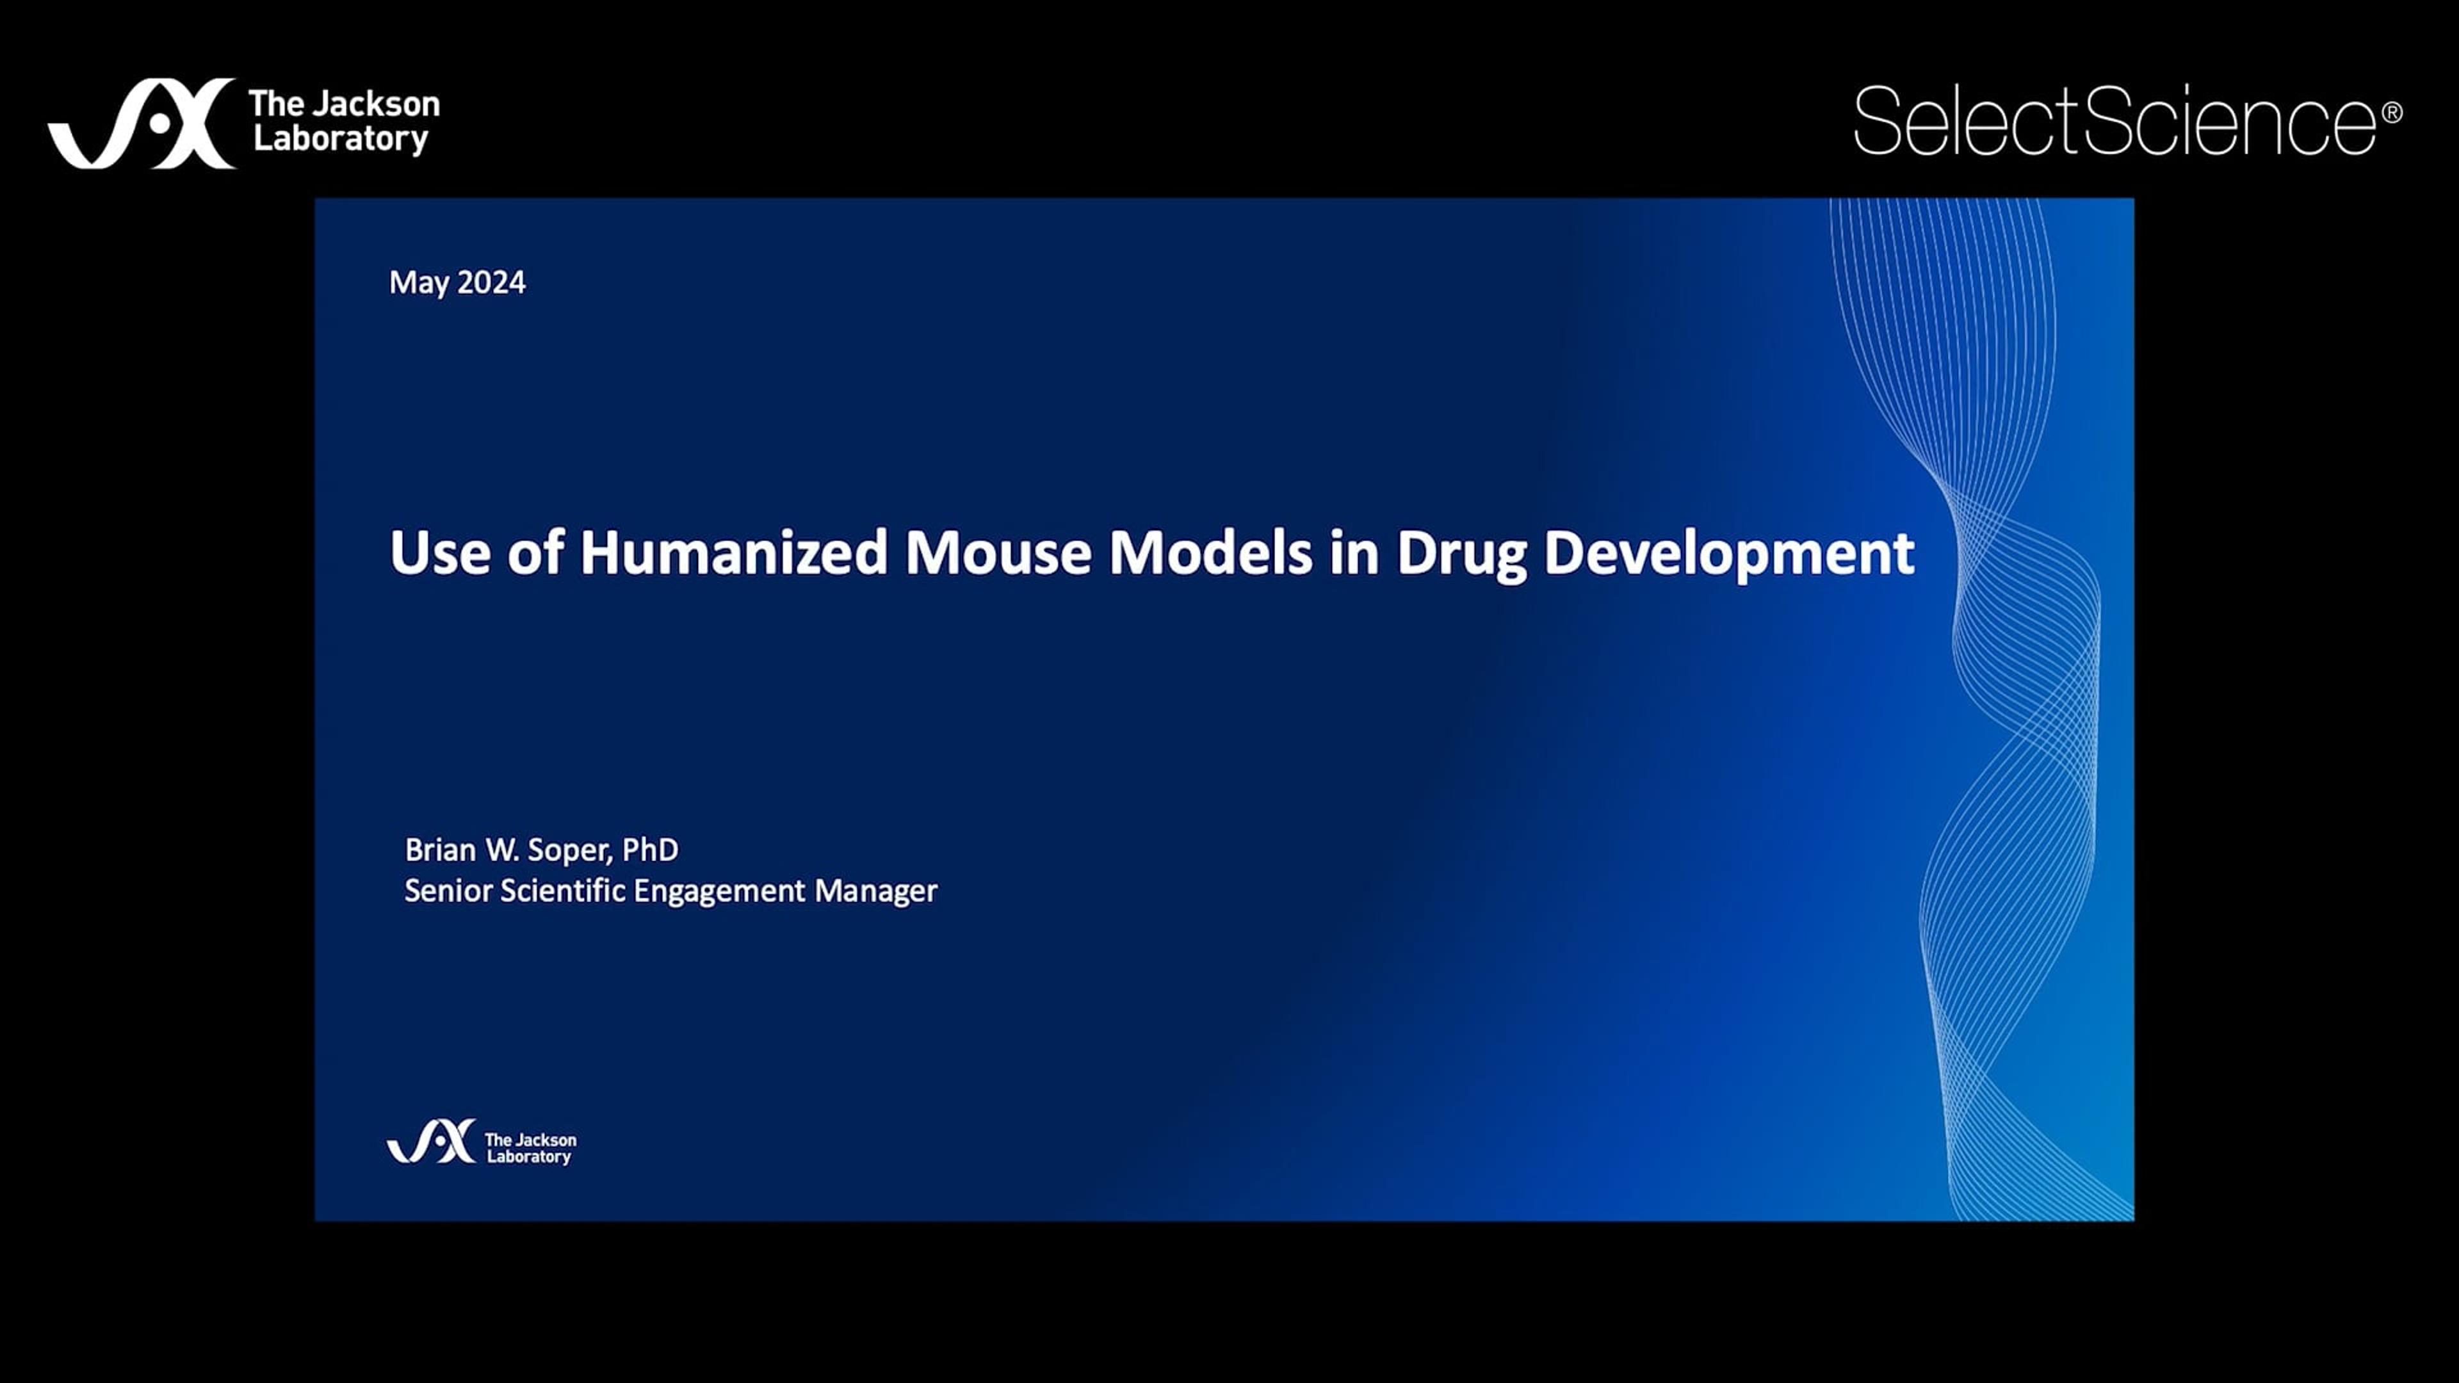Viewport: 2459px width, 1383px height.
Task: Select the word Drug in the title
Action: [x=1461, y=554]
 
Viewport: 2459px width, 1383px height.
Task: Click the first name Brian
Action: [x=440, y=850]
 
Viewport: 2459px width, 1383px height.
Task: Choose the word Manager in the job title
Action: [x=875, y=891]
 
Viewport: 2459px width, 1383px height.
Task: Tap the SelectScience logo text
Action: [x=2114, y=120]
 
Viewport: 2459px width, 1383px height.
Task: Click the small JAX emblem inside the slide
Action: [x=430, y=1142]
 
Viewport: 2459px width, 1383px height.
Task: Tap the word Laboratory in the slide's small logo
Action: [x=529, y=1157]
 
